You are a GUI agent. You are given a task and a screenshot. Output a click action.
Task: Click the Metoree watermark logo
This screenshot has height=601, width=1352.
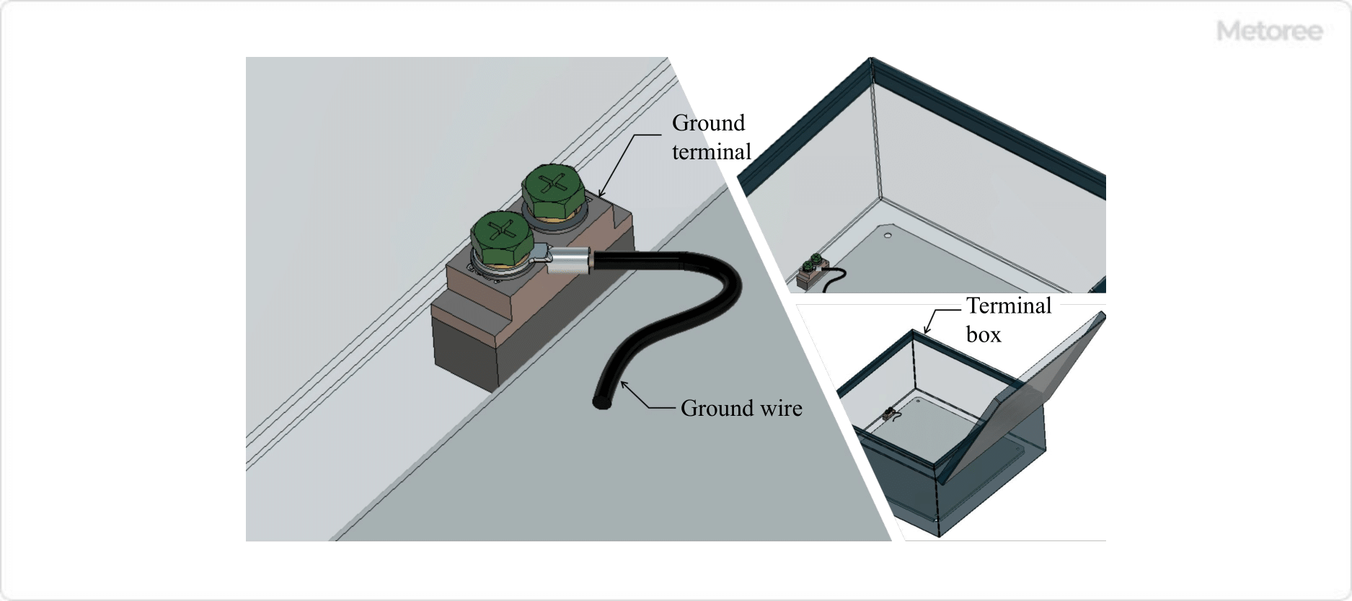1269,31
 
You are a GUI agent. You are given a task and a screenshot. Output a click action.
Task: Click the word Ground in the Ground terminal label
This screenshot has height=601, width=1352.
708,123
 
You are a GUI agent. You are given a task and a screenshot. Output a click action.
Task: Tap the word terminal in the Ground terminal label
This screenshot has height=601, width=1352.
711,152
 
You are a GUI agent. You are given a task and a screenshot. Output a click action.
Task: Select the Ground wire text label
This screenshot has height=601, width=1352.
741,409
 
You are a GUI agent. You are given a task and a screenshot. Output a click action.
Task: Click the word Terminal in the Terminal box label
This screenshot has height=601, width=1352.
1008,306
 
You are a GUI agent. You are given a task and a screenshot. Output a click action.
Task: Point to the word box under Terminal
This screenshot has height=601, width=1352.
983,335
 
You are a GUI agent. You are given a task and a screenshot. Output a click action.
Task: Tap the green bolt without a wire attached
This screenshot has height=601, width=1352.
553,189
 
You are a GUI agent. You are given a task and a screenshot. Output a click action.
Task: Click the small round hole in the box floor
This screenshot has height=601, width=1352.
888,235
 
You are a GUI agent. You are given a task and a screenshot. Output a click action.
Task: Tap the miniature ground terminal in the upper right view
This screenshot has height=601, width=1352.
811,272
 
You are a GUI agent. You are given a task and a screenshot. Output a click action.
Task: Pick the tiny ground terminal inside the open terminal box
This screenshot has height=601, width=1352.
890,414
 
